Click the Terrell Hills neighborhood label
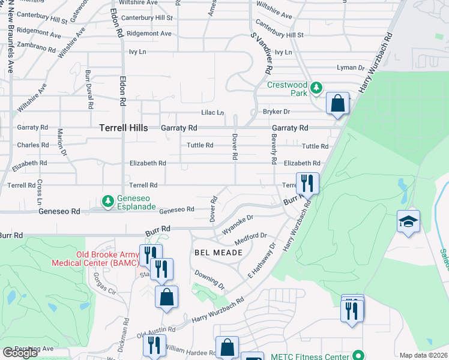click(x=123, y=128)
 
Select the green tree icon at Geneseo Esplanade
click(x=107, y=201)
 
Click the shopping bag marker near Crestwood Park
click(x=338, y=103)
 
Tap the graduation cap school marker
click(x=408, y=221)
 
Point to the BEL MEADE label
click(x=218, y=253)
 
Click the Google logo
click(x=20, y=353)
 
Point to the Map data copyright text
click(x=424, y=355)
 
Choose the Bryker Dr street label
click(x=276, y=112)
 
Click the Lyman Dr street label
click(x=351, y=68)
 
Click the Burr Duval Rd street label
click(x=88, y=89)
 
